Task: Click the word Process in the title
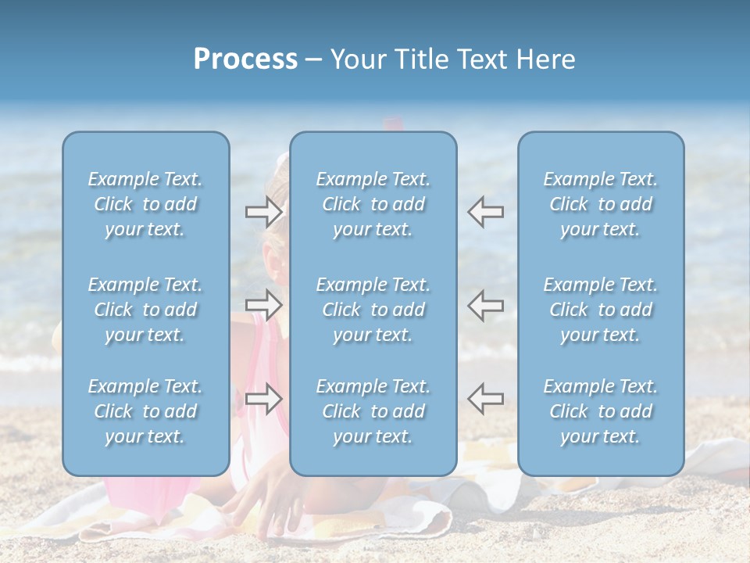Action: (245, 59)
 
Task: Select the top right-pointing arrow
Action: (263, 212)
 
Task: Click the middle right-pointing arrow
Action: (263, 306)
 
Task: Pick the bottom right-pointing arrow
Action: (263, 399)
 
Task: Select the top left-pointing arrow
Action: (485, 212)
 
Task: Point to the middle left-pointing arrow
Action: (485, 306)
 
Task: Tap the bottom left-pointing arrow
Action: (485, 399)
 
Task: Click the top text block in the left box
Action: (145, 204)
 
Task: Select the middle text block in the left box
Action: (145, 310)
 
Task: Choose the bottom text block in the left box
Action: (145, 411)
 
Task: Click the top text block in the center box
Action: (373, 204)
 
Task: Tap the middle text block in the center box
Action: (373, 310)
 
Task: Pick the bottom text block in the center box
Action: (373, 411)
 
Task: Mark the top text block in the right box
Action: (600, 204)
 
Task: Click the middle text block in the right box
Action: (600, 310)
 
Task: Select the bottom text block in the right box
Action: (600, 411)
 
